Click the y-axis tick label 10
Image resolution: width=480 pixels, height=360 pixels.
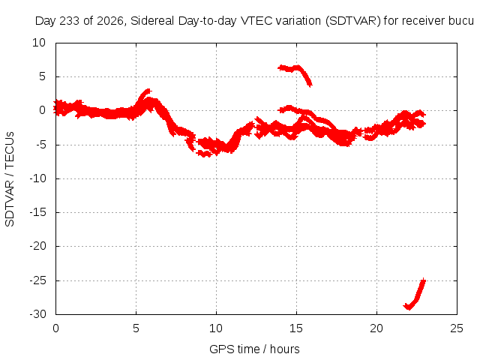point(39,43)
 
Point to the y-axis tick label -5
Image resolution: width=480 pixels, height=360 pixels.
point(40,145)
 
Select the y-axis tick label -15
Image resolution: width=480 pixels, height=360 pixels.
point(37,212)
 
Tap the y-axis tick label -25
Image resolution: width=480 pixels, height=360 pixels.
point(37,280)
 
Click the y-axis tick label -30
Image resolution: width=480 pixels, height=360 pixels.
point(37,314)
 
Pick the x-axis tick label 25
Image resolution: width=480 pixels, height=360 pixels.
point(457,328)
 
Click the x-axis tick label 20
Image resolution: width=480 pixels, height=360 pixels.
point(376,328)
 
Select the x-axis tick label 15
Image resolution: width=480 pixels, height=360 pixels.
point(296,328)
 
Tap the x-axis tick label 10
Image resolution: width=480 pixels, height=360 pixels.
point(216,328)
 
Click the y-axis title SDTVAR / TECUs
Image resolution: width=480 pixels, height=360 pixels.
point(10,179)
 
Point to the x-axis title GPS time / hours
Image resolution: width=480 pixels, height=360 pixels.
point(254,349)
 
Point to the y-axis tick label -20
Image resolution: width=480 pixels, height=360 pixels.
point(37,246)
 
